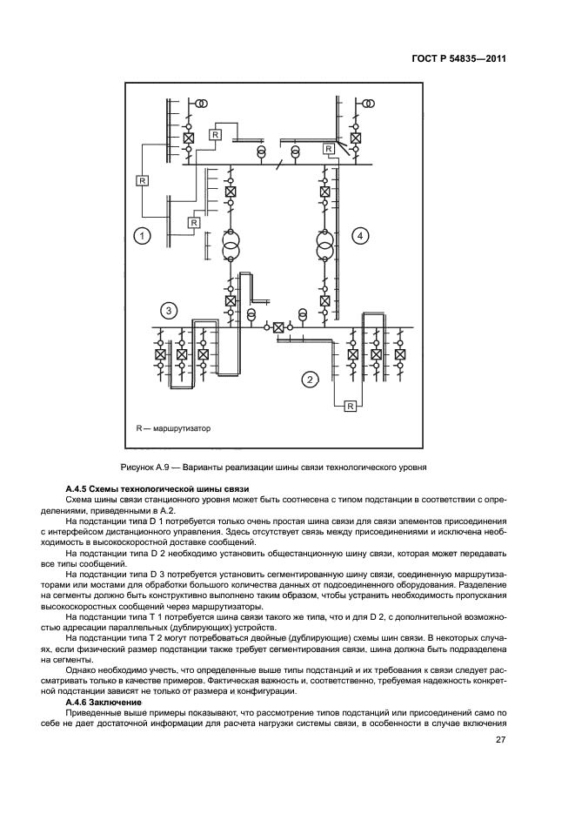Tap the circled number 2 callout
tap(309, 378)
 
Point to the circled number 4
tap(360, 235)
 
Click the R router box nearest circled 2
tap(350, 406)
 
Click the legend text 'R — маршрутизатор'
tap(173, 428)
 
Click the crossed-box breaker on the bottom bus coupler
tap(277, 327)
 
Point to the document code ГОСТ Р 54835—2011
tap(458, 59)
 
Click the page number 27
tap(501, 740)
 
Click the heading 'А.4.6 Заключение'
tap(110, 701)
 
